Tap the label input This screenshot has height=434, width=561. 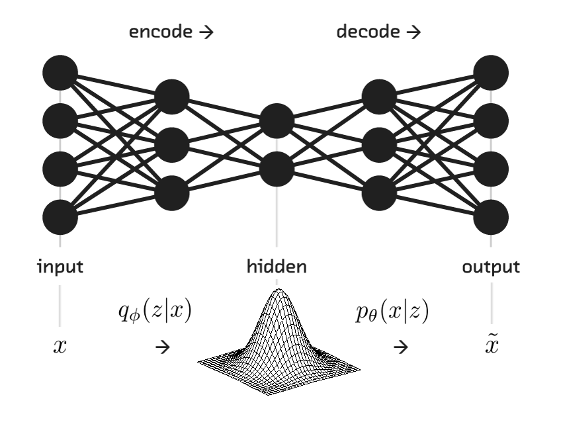click(x=60, y=267)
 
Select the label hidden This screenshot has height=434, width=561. click(x=277, y=267)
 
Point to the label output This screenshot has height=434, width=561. click(x=491, y=267)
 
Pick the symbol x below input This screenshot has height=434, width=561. click(x=60, y=347)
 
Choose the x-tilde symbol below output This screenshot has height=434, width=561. click(x=491, y=346)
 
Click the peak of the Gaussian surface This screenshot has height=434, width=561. click(x=277, y=292)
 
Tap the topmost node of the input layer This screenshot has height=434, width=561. click(x=60, y=72)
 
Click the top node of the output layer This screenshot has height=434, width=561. click(x=491, y=72)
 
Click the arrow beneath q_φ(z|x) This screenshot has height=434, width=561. click(x=160, y=347)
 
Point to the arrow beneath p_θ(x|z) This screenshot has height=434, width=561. click(x=400, y=347)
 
